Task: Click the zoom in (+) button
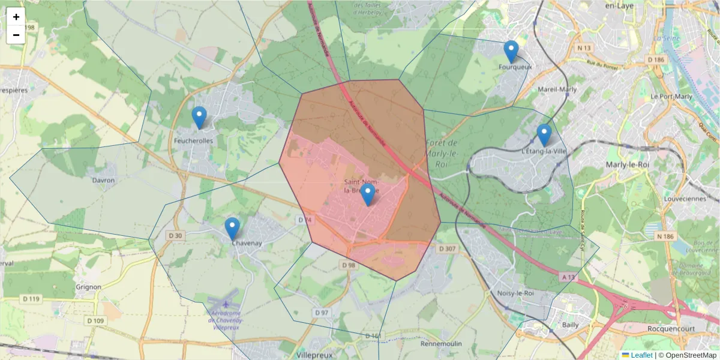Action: pos(16,17)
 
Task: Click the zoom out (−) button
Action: pos(16,35)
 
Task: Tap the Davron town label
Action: pos(103,180)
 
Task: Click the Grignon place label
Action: pos(89,287)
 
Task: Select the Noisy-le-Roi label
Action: pos(516,293)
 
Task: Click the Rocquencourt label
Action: pos(671,329)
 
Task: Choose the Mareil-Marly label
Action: pos(558,89)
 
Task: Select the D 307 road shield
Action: pos(447,248)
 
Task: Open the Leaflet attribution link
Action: pos(641,355)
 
